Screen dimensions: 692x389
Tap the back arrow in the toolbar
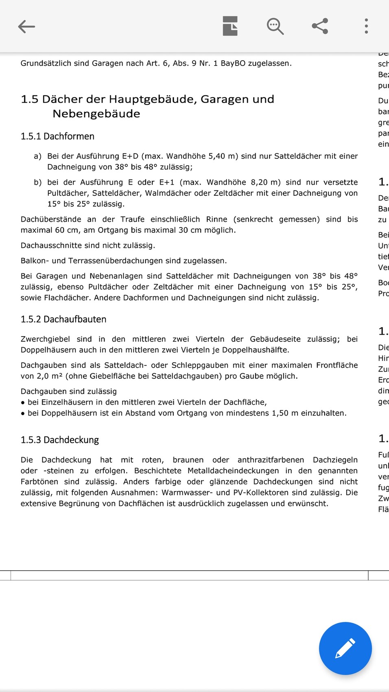[x=27, y=26]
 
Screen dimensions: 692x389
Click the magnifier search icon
[x=275, y=26]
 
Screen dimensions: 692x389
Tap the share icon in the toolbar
[x=320, y=26]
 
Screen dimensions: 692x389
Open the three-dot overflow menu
[x=366, y=26]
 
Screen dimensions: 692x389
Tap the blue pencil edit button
[x=345, y=648]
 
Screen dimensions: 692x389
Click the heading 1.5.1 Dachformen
[x=57, y=136]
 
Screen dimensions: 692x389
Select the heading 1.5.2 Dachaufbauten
[x=63, y=320]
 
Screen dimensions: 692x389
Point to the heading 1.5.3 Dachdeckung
[x=60, y=440]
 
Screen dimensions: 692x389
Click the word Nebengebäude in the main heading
[x=96, y=114]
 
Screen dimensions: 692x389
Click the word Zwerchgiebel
[x=45, y=339]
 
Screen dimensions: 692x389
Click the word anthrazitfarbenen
[x=271, y=460]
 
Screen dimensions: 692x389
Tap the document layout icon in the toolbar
[x=230, y=26]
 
